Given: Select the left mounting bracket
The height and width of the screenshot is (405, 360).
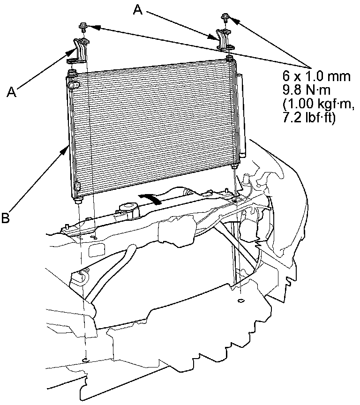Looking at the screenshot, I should click(x=78, y=51).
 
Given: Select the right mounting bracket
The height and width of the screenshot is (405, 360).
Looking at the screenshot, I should click(x=223, y=39).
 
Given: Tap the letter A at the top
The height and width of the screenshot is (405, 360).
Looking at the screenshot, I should click(x=137, y=9).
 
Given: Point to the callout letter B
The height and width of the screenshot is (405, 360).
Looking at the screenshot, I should click(x=5, y=218).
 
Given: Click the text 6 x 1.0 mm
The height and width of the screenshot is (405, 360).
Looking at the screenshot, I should click(x=316, y=76).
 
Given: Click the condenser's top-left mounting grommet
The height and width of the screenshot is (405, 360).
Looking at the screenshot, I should click(x=72, y=73).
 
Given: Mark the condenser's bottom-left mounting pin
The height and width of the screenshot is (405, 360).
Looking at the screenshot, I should click(x=76, y=202).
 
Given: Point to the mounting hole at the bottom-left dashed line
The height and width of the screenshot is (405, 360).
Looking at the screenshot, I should click(x=85, y=360).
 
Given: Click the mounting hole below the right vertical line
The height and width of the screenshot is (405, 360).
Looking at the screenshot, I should click(x=240, y=300).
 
